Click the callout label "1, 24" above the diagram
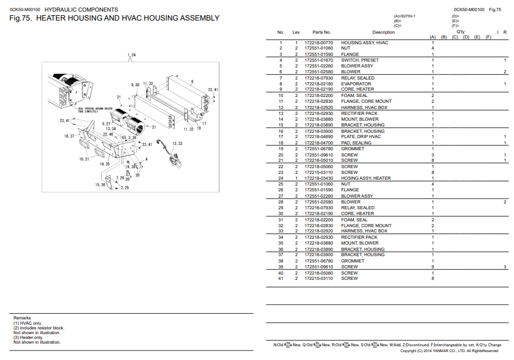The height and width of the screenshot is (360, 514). [131, 55]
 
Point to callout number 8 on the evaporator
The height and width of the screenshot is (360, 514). [192, 81]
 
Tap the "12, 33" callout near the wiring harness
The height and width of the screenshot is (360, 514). [177, 144]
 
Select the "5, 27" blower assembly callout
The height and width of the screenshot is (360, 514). [106, 124]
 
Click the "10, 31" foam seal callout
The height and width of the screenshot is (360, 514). [84, 159]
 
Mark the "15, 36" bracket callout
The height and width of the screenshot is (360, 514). [100, 185]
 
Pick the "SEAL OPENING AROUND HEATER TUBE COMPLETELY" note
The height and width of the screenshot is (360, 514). [95, 110]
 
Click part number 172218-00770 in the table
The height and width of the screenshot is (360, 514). [319, 43]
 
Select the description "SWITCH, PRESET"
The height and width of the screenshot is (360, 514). [360, 60]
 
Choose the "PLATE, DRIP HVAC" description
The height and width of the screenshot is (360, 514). [361, 137]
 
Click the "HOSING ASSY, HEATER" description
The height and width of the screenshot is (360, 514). [366, 178]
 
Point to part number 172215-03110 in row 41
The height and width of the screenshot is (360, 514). [319, 278]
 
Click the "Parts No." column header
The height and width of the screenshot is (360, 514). [321, 33]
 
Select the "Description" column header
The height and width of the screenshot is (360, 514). [383, 33]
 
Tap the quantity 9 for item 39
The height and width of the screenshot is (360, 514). [433, 267]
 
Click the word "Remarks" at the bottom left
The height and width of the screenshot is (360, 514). [22, 318]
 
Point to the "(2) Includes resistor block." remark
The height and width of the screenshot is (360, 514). [38, 328]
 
